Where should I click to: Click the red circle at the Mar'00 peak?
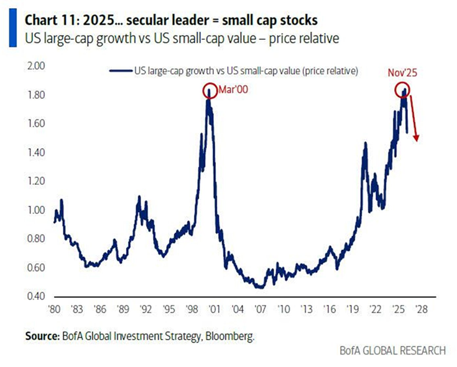pos(210,91)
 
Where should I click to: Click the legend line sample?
pos(121,71)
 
